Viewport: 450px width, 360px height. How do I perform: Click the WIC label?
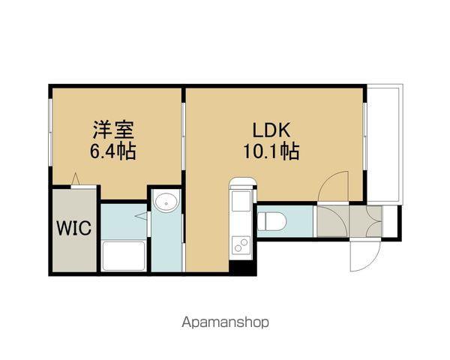click(x=73, y=227)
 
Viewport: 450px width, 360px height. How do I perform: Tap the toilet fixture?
click(x=271, y=220)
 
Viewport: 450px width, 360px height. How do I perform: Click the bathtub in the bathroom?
click(x=124, y=255)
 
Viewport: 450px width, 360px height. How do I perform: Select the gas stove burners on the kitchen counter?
click(x=241, y=244)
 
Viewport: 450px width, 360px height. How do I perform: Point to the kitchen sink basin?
click(x=241, y=202)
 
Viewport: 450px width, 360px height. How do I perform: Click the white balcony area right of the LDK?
click(x=384, y=142)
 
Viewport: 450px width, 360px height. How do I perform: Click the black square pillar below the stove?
click(x=241, y=265)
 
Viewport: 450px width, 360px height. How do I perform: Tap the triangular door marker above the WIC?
click(x=76, y=179)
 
